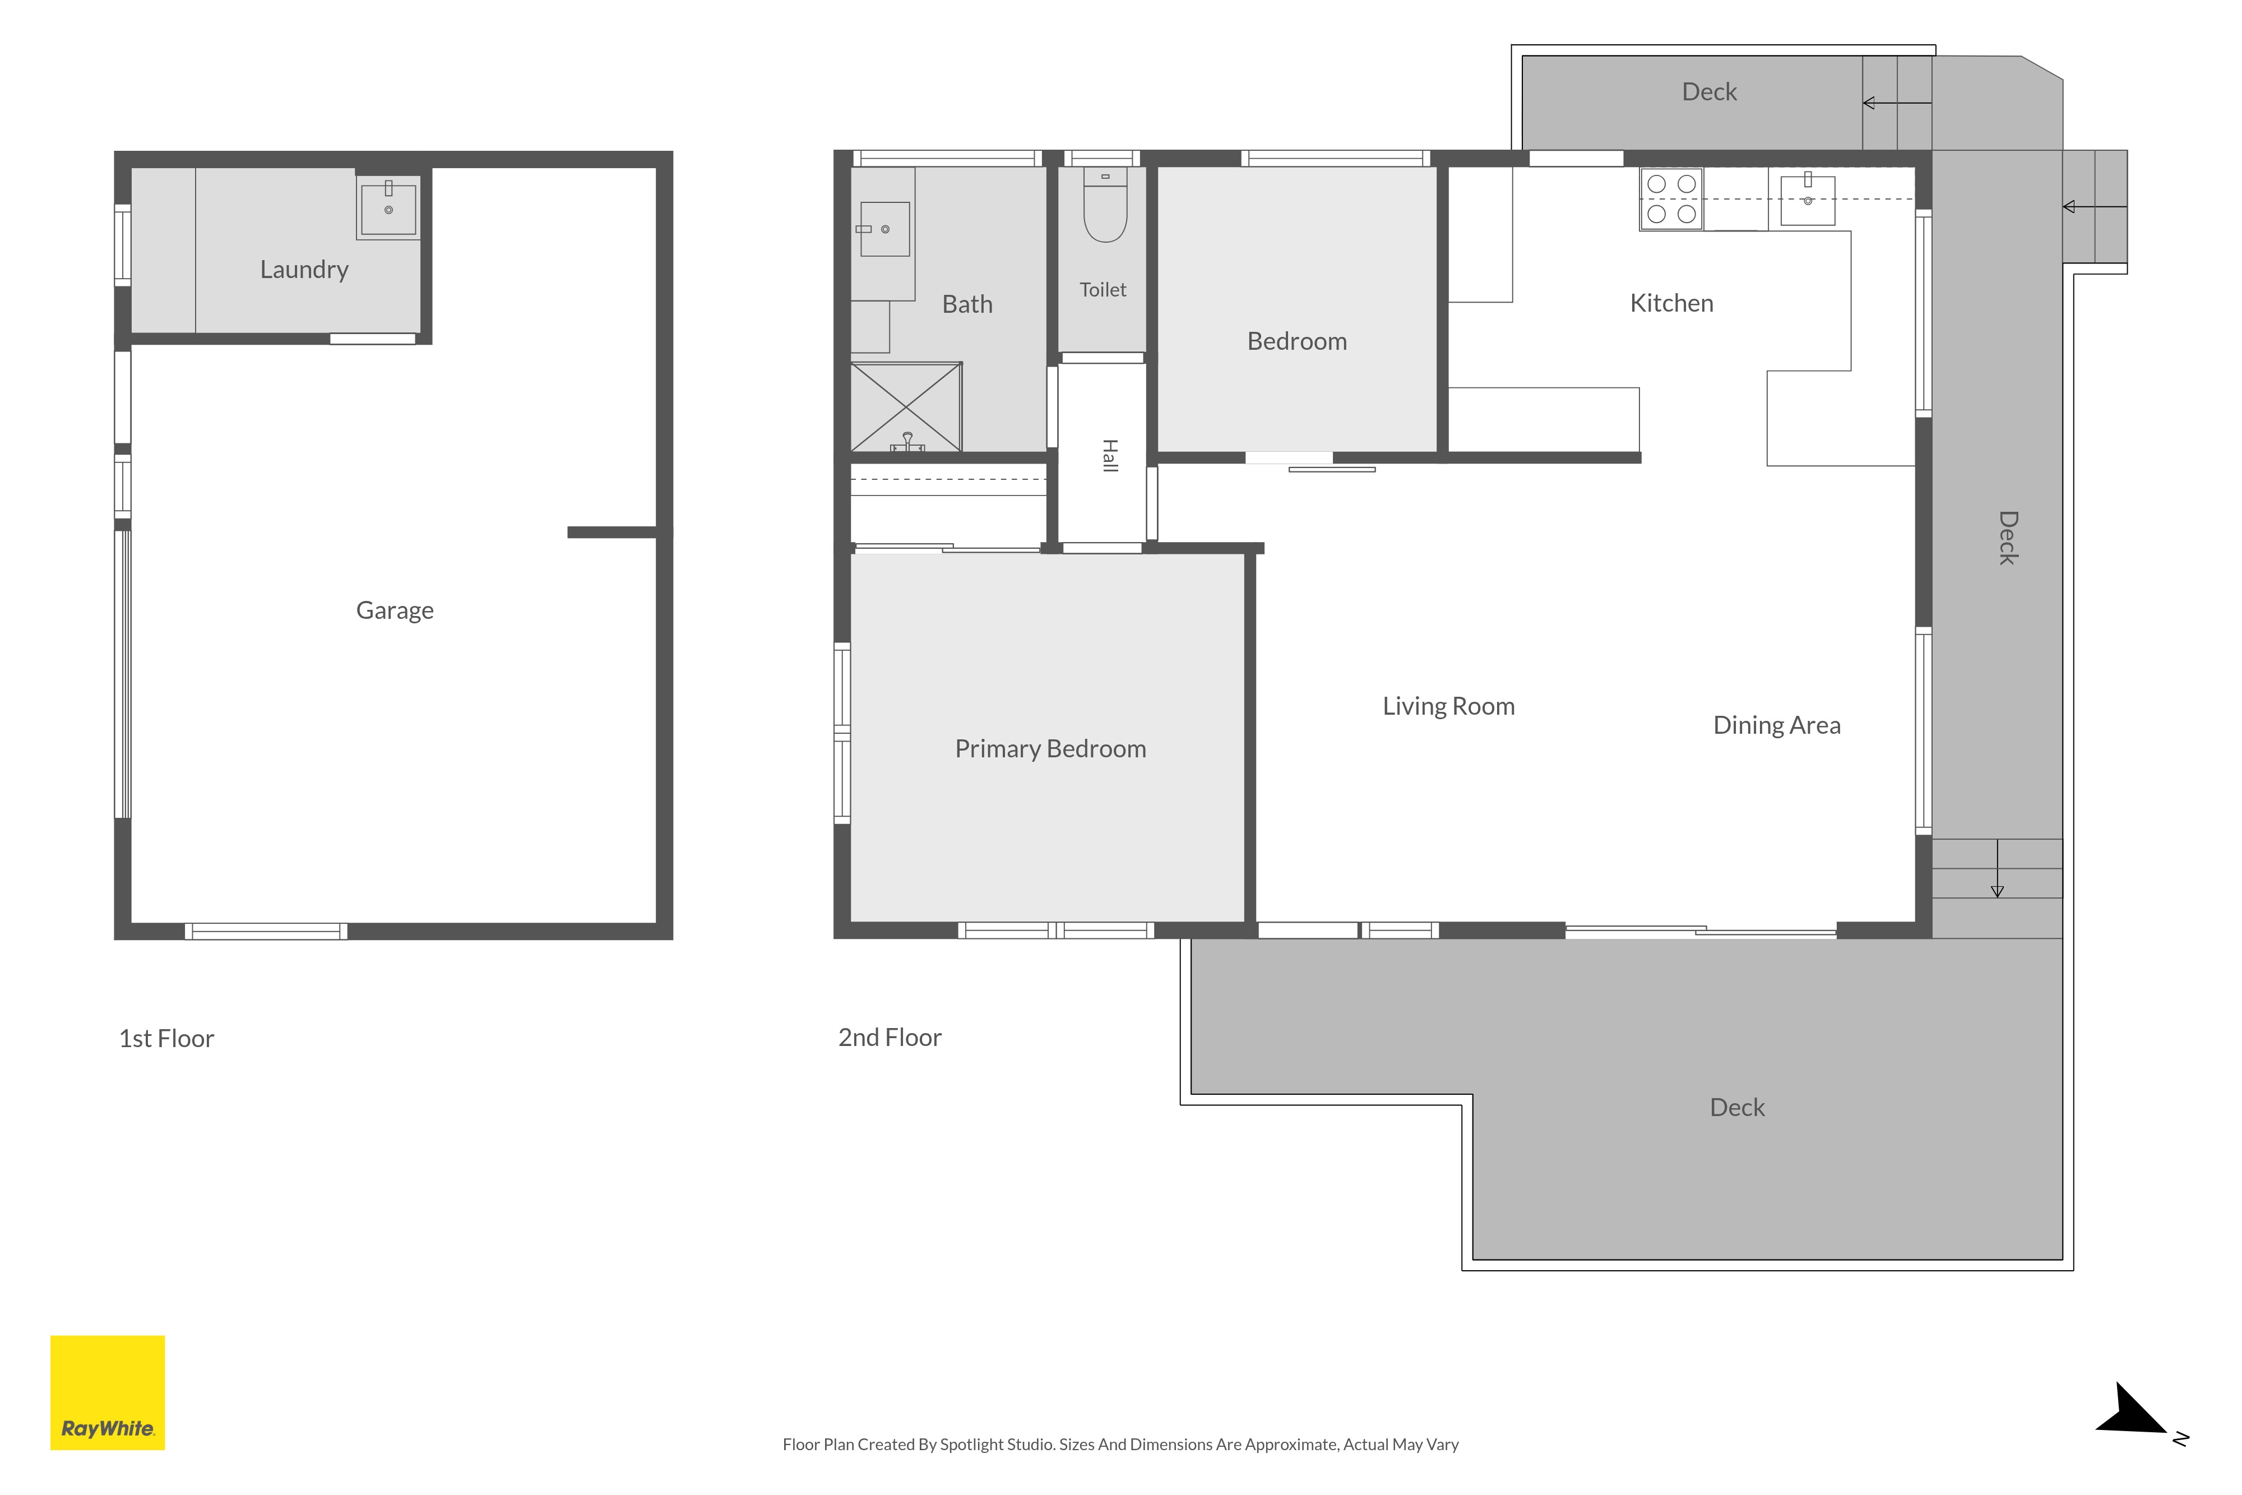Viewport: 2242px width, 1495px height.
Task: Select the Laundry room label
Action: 304,270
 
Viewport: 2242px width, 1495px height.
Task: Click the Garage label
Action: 395,610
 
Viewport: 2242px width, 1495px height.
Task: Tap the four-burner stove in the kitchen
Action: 1671,199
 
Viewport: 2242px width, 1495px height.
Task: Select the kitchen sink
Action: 1807,199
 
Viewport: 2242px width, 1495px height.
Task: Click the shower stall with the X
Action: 906,407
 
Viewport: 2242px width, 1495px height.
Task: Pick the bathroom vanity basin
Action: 884,229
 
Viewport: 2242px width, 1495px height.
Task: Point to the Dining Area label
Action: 1777,725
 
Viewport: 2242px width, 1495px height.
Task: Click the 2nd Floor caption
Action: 890,1038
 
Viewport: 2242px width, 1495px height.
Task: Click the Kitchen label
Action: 1671,303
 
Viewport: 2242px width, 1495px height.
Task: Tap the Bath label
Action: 967,304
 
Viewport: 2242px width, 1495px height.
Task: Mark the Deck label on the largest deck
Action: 1737,1107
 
